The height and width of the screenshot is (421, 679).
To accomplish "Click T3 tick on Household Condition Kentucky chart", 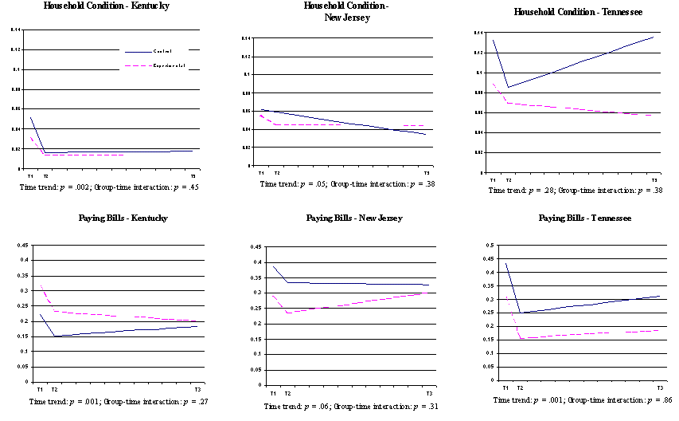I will (x=193, y=175).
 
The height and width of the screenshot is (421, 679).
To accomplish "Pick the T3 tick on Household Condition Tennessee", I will (x=655, y=180).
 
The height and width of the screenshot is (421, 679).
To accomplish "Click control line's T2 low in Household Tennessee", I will (x=507, y=87).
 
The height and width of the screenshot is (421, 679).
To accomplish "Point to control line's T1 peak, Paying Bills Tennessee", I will (x=505, y=264).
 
